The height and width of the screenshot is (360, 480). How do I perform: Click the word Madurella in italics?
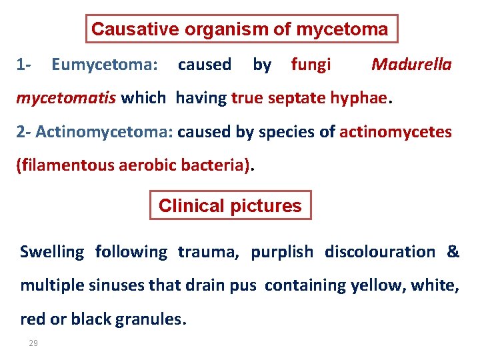[411, 65]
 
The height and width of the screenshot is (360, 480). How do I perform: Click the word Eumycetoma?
[103, 65]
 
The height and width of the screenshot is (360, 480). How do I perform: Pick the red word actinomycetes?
[395, 132]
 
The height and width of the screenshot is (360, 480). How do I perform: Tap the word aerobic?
[140, 165]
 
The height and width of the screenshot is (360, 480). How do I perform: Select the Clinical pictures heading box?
[230, 206]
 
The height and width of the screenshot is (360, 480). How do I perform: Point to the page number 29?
[33, 343]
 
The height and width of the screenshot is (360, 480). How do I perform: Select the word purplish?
[281, 252]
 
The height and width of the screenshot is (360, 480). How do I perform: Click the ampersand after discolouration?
[453, 252]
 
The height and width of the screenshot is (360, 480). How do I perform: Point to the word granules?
[151, 319]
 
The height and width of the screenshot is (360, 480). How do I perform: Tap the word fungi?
[311, 65]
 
